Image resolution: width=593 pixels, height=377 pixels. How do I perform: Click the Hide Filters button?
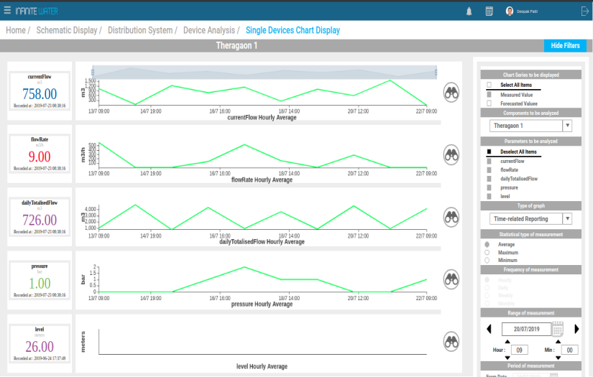point(565,45)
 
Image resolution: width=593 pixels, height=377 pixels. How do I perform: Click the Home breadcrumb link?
point(16,30)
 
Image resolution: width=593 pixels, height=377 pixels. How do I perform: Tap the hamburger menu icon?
point(7,11)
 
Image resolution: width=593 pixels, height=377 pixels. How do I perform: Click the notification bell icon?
point(469,11)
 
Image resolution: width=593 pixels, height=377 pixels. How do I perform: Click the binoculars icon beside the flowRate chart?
point(451,154)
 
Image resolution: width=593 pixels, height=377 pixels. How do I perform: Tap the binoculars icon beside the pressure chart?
point(451,278)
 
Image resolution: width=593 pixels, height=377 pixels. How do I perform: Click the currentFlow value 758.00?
point(40,94)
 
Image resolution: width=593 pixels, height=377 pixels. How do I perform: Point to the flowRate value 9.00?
point(40,157)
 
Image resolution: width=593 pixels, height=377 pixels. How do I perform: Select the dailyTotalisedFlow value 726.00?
point(40,220)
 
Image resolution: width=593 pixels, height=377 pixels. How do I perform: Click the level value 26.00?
point(40,347)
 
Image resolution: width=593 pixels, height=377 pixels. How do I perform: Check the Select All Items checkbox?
point(489,85)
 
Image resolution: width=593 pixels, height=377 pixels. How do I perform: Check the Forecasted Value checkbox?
point(489,103)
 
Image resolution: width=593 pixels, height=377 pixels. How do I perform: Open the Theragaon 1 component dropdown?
point(530,126)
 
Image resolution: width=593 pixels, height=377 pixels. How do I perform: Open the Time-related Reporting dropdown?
point(530,218)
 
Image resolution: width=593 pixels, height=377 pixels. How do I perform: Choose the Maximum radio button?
point(487,252)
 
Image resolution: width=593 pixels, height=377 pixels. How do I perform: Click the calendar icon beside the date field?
point(558,328)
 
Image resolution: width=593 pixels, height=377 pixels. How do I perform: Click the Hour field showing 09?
point(520,350)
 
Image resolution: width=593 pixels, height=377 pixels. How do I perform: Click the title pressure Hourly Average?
point(262,304)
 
